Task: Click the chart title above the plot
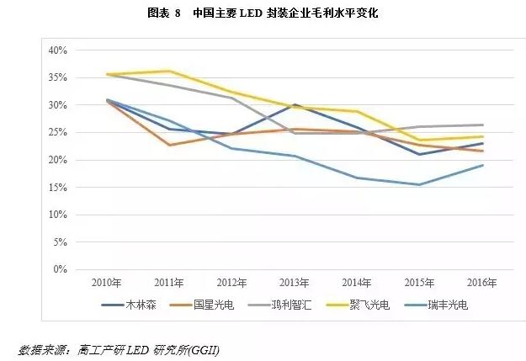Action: (263, 13)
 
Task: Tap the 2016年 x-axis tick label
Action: (481, 282)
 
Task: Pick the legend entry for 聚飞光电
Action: (369, 305)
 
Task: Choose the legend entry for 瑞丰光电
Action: (445, 305)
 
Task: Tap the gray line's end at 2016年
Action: (481, 125)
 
